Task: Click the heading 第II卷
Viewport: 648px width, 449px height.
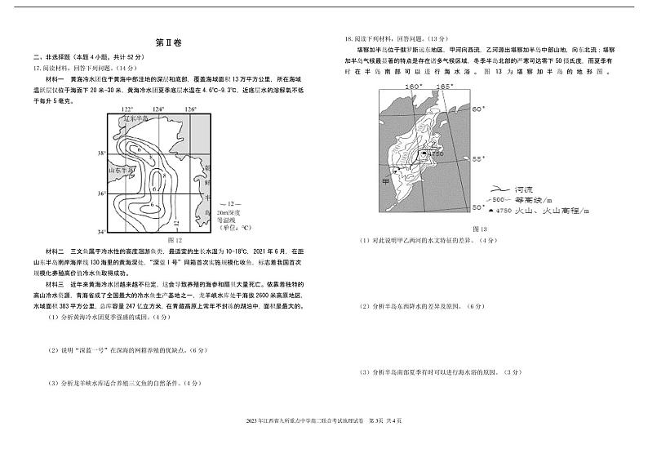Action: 166,42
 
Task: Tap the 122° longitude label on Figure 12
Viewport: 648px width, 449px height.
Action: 127,109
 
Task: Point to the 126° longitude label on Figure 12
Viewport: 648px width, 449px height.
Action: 190,109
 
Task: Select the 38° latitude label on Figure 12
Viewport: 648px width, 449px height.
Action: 102,153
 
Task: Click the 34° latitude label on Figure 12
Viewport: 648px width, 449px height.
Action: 102,231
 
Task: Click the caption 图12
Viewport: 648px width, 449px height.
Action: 173,241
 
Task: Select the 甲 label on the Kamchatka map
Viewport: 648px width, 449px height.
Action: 385,181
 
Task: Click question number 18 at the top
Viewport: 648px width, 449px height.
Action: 350,38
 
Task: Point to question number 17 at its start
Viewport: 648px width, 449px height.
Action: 38,69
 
